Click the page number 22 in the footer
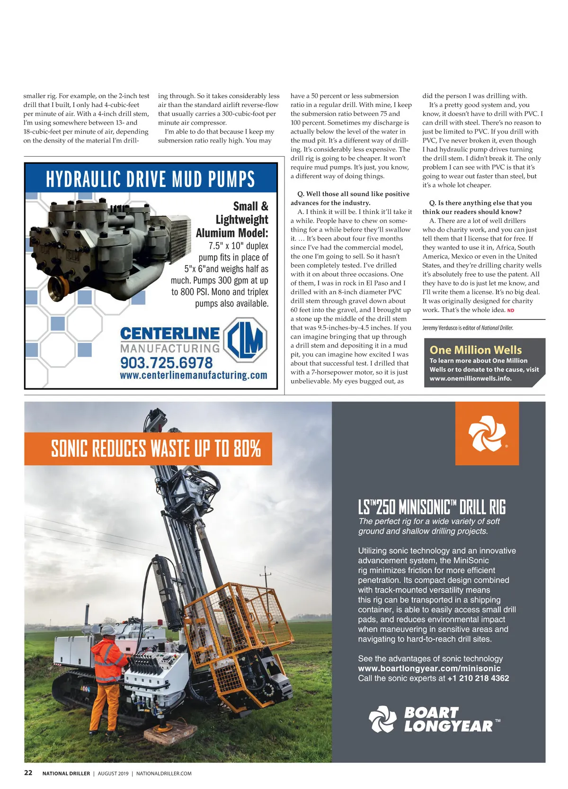(x=28, y=772)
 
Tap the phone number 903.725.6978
(x=166, y=363)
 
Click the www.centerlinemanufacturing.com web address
(x=193, y=376)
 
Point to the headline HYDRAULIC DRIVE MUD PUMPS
(x=151, y=179)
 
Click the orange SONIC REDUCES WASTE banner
(x=148, y=448)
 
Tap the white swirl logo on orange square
(x=487, y=433)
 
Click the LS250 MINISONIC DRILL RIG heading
(x=432, y=508)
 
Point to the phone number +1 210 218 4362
(x=478, y=678)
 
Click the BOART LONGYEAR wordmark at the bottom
(x=447, y=720)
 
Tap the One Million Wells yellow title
(x=475, y=350)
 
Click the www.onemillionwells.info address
(x=470, y=378)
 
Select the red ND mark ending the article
(x=510, y=311)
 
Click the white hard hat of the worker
(x=108, y=629)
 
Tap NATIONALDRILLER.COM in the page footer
(x=164, y=773)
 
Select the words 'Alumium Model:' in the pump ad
(x=232, y=233)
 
